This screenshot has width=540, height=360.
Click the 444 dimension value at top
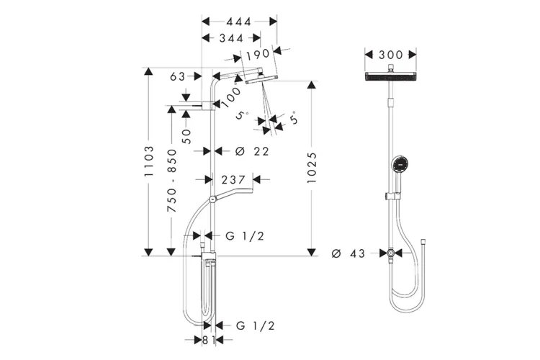click(238, 22)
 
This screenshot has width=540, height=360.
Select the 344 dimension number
click(231, 38)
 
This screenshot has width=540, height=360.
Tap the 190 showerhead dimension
click(258, 54)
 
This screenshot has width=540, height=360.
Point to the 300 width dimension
click(390, 55)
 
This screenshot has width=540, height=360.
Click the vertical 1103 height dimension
click(149, 161)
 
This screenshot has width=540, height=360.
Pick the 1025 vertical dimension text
click(311, 168)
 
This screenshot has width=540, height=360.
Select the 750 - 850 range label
click(171, 180)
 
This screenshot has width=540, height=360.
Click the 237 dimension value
click(233, 180)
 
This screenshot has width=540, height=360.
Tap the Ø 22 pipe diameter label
click(252, 151)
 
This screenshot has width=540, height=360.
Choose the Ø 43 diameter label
click(348, 253)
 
